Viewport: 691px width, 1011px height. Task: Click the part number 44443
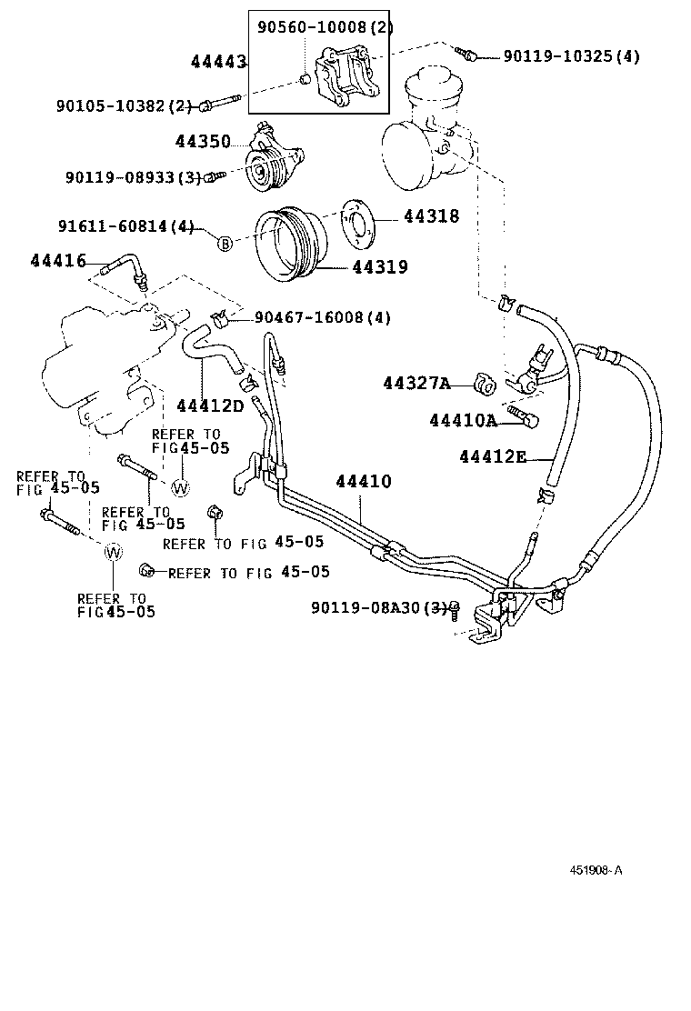coord(218,61)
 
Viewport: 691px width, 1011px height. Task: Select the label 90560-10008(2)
coord(325,27)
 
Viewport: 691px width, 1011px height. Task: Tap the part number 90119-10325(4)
coord(572,56)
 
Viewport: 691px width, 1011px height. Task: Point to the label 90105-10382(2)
coord(128,106)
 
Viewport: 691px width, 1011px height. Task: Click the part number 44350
coord(202,142)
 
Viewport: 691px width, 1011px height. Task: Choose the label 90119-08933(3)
coord(132,177)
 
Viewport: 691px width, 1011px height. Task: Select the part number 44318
coord(431,216)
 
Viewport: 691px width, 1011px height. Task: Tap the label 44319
coord(379,267)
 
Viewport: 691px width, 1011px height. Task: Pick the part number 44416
coord(57,262)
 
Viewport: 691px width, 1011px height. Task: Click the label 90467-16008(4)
coord(322,317)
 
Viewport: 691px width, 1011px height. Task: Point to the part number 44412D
coord(210,405)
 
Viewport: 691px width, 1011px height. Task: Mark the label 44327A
coord(416,384)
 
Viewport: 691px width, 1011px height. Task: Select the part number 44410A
coord(463,420)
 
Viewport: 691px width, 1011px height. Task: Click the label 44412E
coord(493,456)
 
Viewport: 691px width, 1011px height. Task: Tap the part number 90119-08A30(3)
coord(379,606)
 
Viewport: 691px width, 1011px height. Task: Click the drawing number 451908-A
coord(596,870)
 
